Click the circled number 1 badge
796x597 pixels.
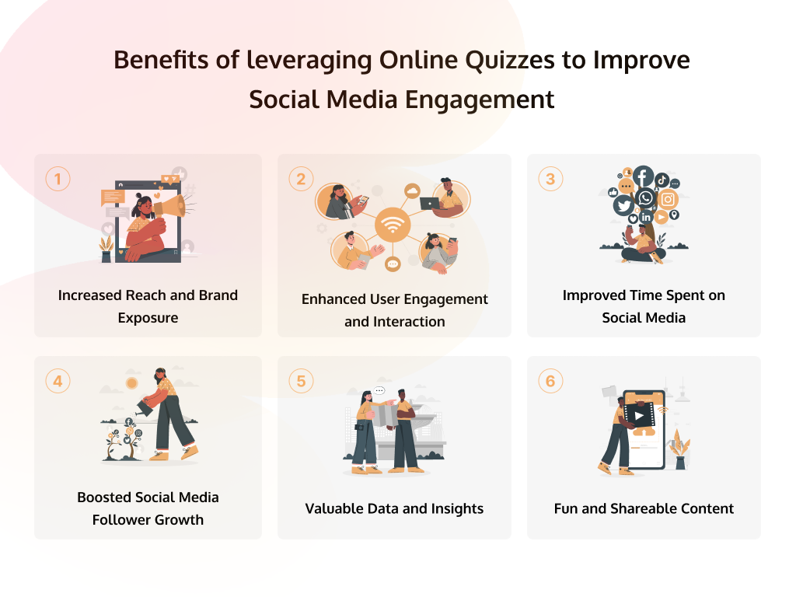point(58,179)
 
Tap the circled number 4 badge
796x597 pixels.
point(58,381)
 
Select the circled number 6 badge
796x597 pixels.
point(550,381)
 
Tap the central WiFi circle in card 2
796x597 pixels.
point(393,225)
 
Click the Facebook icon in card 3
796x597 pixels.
point(643,177)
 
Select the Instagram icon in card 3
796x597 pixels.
point(668,200)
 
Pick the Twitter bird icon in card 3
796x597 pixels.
point(623,205)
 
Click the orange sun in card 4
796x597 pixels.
point(132,383)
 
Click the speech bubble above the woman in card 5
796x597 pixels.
point(379,391)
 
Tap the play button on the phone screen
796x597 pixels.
point(639,416)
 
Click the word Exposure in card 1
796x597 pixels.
point(148,318)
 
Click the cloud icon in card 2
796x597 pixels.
point(412,191)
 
